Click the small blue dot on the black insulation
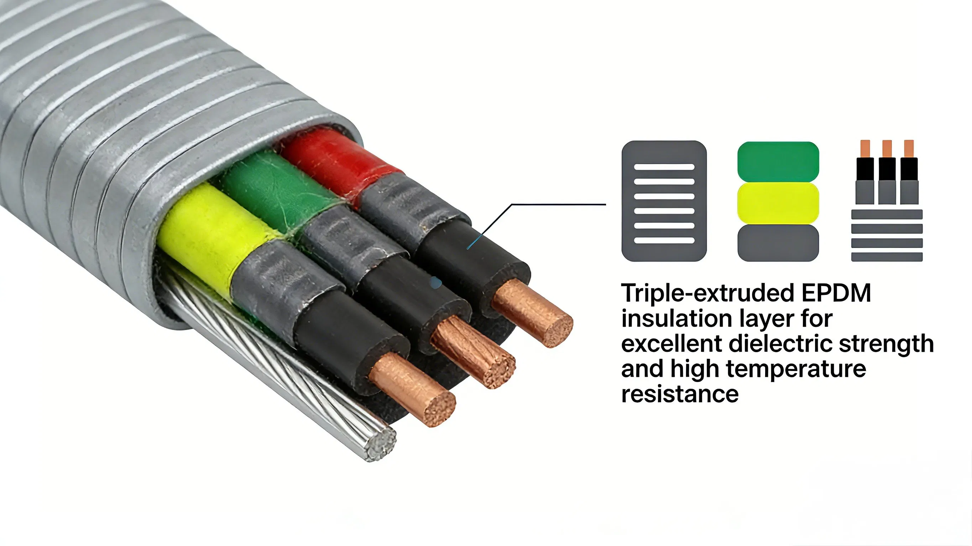(x=435, y=282)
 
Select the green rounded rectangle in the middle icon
(x=778, y=161)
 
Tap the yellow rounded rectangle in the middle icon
(x=778, y=203)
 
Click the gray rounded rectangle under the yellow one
(x=778, y=243)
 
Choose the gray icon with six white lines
(x=664, y=201)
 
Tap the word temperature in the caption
(x=796, y=370)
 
